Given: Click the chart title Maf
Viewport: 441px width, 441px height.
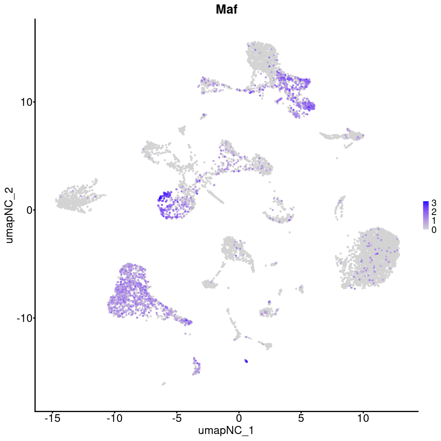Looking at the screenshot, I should (x=226, y=10).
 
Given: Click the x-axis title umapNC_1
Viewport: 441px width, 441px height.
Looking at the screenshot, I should (x=226, y=430).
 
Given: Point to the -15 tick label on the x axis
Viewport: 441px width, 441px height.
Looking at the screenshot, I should (x=52, y=419).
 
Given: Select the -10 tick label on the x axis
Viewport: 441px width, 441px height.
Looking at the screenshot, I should (x=114, y=419).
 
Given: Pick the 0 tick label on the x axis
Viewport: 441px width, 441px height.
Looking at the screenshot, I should (x=239, y=419).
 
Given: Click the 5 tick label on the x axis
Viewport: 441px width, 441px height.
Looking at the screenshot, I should (x=301, y=419).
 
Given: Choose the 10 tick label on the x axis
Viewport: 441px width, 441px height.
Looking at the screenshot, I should (x=363, y=419).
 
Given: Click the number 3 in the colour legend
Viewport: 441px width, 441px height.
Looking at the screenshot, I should (x=434, y=202).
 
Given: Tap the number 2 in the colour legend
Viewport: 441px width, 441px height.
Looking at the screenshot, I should (x=434, y=211).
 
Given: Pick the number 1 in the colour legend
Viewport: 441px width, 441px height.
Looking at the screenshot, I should (x=434, y=220).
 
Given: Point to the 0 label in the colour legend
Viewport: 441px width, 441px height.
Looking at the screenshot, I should (x=434, y=230).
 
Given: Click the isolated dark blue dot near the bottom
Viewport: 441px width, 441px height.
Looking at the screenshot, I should (x=246, y=361).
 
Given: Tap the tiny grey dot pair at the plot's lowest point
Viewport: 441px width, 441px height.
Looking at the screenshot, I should (x=164, y=384).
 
